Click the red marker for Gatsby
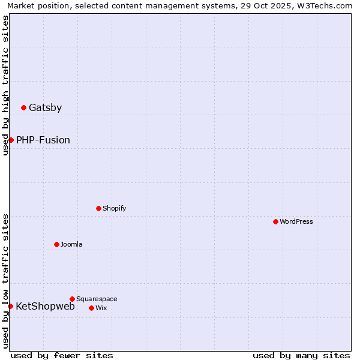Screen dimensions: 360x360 coord(23,108)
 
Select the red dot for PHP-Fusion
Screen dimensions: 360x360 coord(11,140)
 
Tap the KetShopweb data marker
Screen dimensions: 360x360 coord(10,306)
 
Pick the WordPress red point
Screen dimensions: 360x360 coord(275,221)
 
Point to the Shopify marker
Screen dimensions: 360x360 coord(98,208)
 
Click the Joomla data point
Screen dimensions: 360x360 coord(56,244)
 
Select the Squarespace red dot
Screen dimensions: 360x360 coord(72,299)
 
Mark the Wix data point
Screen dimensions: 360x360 coord(91,308)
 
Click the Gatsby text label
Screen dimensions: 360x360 coord(45,108)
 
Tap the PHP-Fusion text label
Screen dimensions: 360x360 coord(43,140)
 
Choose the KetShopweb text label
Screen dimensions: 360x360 coord(45,307)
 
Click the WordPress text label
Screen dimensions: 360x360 coord(296,221)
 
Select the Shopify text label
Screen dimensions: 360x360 coord(114,208)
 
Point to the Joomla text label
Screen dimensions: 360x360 coord(71,244)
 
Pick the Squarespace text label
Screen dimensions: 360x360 coord(97,299)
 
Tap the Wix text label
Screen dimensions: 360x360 coord(101,308)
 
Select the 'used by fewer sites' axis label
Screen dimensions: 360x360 coord(62,356)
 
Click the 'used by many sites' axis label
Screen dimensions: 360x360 coord(301,356)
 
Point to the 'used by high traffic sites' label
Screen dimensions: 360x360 coord(5,85)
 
